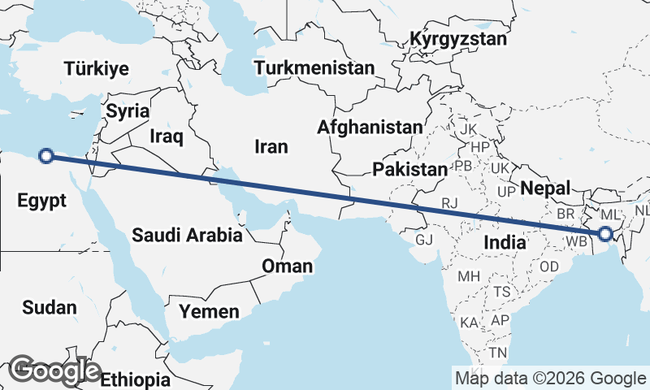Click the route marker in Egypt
click(x=47, y=156)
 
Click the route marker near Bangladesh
click(x=605, y=234)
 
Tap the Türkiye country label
click(x=97, y=68)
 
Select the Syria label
click(x=128, y=111)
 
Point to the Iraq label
click(x=167, y=136)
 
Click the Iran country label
click(x=271, y=146)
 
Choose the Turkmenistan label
click(x=314, y=67)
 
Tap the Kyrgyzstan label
click(x=458, y=39)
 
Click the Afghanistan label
click(x=370, y=128)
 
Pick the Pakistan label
click(x=410, y=170)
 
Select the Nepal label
click(x=545, y=188)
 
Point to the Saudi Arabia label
click(x=188, y=236)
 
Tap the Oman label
click(x=287, y=266)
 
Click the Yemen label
click(x=210, y=311)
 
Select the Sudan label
click(x=50, y=307)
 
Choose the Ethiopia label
click(x=136, y=379)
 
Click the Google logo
click(x=55, y=370)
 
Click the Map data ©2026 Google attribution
click(x=550, y=378)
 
